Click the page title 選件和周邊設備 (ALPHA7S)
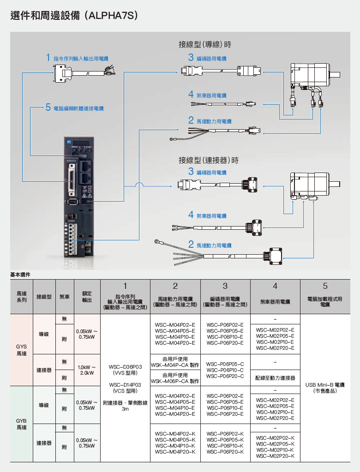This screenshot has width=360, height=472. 74,16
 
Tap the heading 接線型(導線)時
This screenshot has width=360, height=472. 204,45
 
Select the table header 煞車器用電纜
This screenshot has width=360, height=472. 275,302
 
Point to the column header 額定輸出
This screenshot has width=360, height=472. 87,296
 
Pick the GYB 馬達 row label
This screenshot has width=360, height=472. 21,424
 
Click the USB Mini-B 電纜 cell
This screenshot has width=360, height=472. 325,388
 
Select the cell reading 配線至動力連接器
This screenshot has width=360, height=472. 275,378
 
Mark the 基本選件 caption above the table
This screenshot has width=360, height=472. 20,275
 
